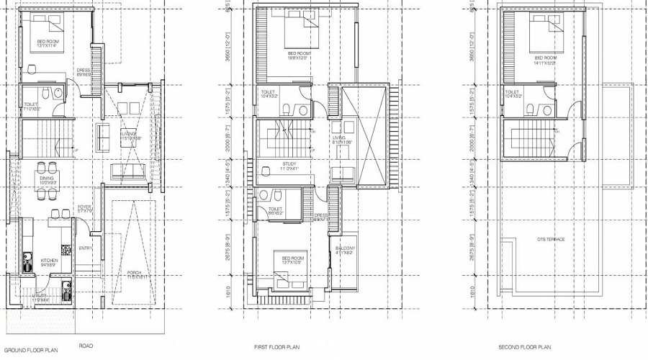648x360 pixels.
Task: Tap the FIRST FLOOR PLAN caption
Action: [276, 347]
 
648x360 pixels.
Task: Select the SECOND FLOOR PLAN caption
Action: [521, 347]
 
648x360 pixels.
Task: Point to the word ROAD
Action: [85, 346]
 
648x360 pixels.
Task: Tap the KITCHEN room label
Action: [49, 261]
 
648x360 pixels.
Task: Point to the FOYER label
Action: [84, 208]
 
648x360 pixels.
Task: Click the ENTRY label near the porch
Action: [86, 248]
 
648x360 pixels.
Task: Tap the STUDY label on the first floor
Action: [289, 165]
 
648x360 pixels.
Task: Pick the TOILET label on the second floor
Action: [512, 93]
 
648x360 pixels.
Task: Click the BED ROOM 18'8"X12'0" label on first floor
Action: [298, 55]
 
